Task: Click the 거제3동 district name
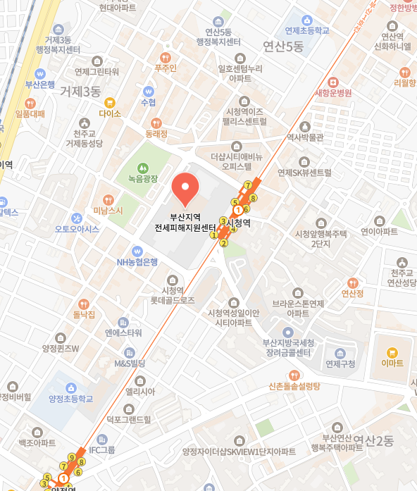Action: pyautogui.click(x=80, y=92)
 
